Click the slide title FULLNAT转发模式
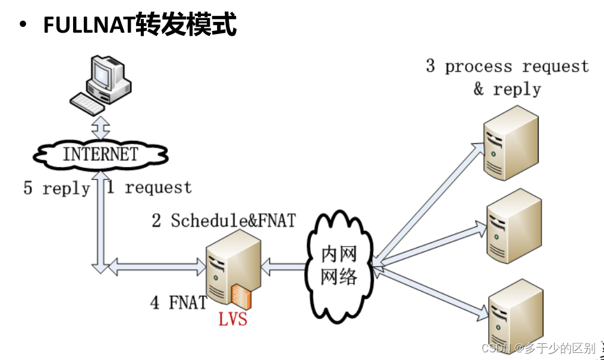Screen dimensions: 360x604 coord(140,26)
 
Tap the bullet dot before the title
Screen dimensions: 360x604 coord(23,26)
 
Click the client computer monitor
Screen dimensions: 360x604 coord(104,74)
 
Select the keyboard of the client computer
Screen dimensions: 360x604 coord(87,103)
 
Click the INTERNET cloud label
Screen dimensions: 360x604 coord(100,154)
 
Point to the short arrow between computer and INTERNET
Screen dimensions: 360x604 coord(99,127)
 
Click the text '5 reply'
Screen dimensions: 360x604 coord(56,189)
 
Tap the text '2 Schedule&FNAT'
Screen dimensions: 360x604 coord(224,221)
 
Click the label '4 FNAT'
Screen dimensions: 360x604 coord(178,302)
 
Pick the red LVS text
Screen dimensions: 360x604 coord(232,320)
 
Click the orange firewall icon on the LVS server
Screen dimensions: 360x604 coord(241,296)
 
